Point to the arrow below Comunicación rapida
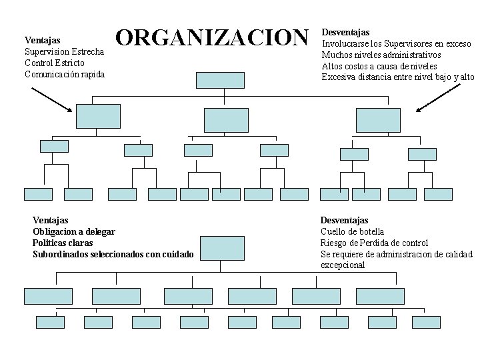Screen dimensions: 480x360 click(53, 99)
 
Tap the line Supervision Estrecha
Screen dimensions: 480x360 click(64, 51)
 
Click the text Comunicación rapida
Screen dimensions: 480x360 click(64, 74)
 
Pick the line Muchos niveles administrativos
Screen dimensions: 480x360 click(381, 55)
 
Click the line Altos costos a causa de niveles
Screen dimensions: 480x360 click(379, 66)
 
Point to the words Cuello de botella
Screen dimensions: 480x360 click(352, 231)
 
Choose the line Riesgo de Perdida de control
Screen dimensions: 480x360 click(374, 243)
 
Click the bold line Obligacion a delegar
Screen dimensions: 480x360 click(74, 231)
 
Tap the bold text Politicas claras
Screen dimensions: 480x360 click(63, 243)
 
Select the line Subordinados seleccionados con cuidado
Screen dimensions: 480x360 click(113, 254)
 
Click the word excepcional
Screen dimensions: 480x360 click(343, 265)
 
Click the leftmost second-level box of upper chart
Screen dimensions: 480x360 click(98, 116)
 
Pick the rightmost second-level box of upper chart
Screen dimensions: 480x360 click(379, 119)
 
